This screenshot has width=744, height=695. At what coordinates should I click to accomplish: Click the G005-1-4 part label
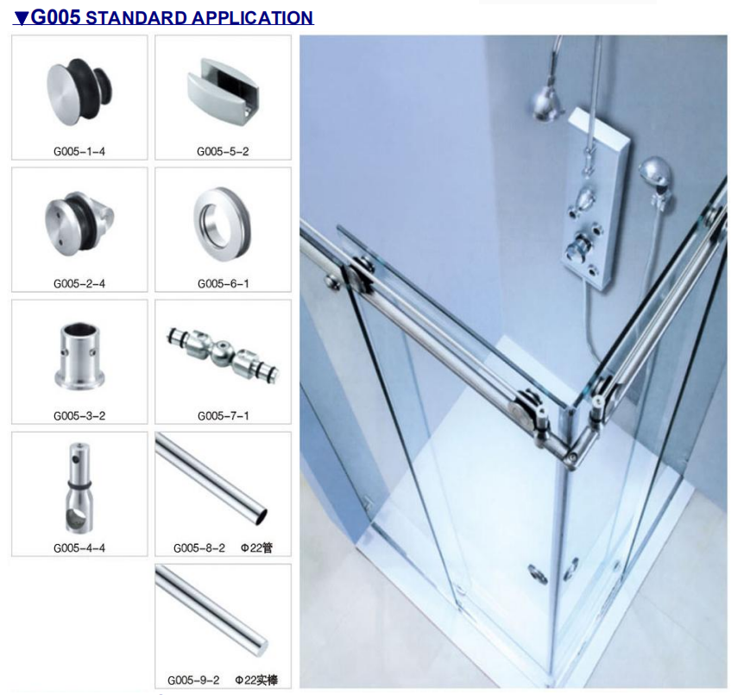79,151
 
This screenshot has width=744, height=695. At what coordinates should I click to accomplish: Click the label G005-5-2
223,151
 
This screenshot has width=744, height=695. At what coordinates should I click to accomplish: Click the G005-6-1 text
223,283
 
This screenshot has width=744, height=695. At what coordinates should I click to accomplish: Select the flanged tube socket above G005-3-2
79,356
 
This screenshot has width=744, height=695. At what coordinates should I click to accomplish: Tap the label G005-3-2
79,416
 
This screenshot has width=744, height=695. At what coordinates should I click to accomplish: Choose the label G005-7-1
223,416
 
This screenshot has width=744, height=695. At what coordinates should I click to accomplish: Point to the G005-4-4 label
79,548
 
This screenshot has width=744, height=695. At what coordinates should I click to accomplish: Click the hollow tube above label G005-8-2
211,478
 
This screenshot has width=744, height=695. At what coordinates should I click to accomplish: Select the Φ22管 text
256,548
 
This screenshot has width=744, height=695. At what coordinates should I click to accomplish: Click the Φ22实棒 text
256,679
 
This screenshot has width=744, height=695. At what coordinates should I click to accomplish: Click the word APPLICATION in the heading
252,18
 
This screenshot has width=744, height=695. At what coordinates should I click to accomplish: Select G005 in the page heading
56,17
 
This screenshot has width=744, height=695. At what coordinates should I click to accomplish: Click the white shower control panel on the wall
597,199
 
